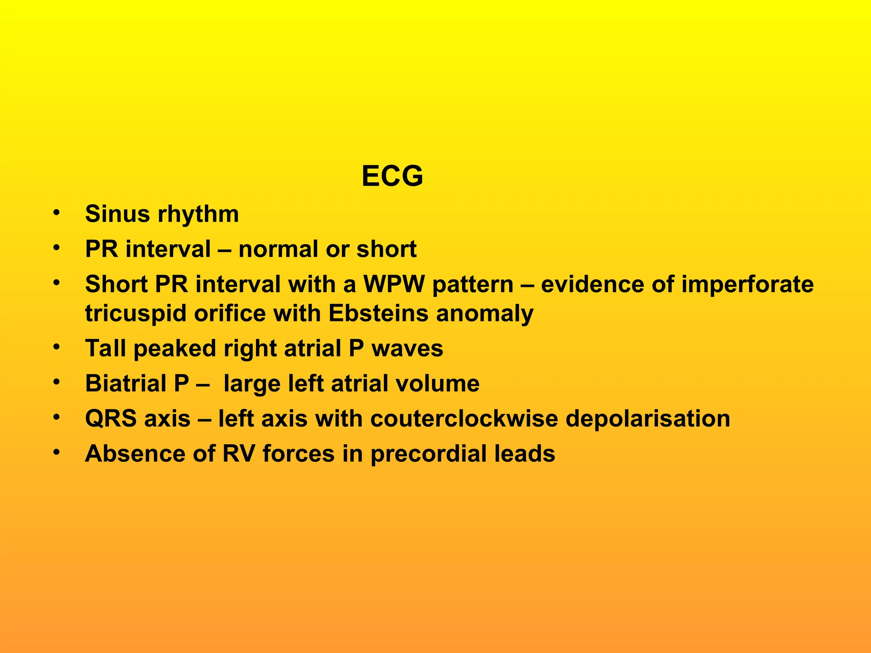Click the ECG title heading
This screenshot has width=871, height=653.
click(x=392, y=176)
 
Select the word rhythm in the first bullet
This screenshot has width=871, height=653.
click(x=198, y=214)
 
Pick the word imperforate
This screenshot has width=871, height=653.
click(x=747, y=284)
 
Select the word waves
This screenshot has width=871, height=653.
click(x=407, y=349)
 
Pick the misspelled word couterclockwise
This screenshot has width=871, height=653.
click(x=464, y=419)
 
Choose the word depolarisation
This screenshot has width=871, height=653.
click(x=648, y=419)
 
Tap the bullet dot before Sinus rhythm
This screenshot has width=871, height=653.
click(x=56, y=213)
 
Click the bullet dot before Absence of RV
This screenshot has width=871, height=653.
click(x=56, y=452)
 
